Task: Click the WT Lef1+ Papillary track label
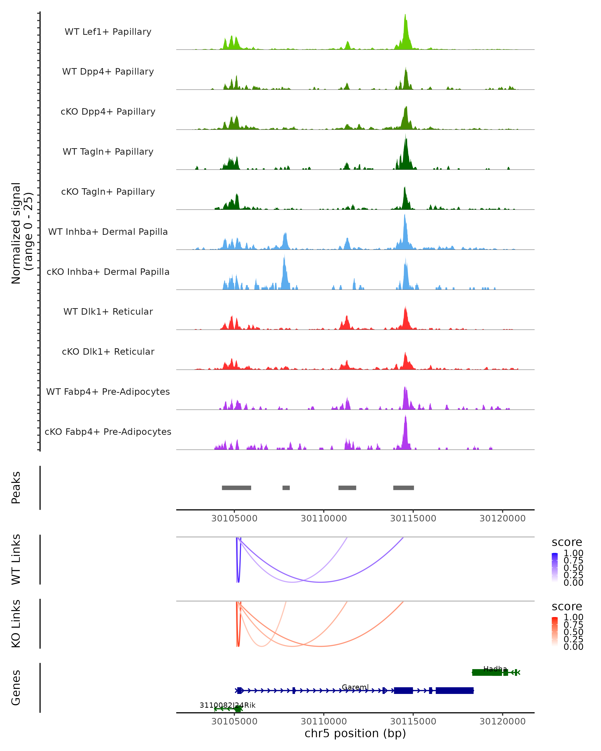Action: pos(108,32)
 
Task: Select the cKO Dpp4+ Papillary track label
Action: pos(108,112)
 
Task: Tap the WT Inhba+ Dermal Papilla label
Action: pos(108,232)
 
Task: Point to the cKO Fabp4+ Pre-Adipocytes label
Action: pos(108,432)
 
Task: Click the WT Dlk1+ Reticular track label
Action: pos(108,312)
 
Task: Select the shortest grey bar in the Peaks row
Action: pos(286,488)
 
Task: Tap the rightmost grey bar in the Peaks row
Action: pos(403,488)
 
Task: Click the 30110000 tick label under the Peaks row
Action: pos(324,519)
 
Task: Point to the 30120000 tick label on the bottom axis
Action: pos(502,721)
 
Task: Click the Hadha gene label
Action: pos(495,669)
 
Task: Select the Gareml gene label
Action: pos(355,687)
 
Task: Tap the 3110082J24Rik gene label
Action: pos(228,705)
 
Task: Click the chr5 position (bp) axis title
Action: pos(355,733)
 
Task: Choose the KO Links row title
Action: pos(16,624)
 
